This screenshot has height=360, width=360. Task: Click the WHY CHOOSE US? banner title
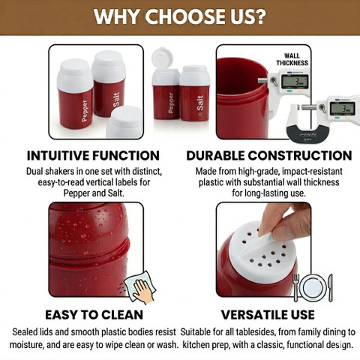[x=180, y=17]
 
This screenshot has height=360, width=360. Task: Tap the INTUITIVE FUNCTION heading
[x=93, y=155]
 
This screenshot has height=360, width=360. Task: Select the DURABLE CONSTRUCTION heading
[x=269, y=155]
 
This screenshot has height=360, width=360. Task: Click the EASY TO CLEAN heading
[x=94, y=314]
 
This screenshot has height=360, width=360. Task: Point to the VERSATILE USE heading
[x=268, y=314]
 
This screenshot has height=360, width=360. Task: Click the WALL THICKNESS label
[x=292, y=59]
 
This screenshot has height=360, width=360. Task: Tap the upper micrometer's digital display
[x=295, y=82]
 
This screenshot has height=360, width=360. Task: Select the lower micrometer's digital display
[x=342, y=109]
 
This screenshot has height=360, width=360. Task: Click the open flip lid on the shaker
[x=162, y=58]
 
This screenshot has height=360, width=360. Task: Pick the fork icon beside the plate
[x=295, y=287]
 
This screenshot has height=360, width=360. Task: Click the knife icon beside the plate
[x=331, y=287]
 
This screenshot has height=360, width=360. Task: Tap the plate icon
[x=313, y=288]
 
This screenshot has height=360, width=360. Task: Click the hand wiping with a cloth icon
[x=140, y=287]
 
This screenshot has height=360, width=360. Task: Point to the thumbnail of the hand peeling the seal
[x=263, y=249]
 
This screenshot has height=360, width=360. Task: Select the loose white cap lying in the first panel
[x=124, y=122]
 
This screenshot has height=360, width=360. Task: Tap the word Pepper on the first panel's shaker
[x=85, y=111]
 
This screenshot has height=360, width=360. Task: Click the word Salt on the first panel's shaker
[x=116, y=99]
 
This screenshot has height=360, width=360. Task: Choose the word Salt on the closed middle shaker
[x=200, y=103]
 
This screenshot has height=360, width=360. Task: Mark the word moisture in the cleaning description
[x=27, y=345]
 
